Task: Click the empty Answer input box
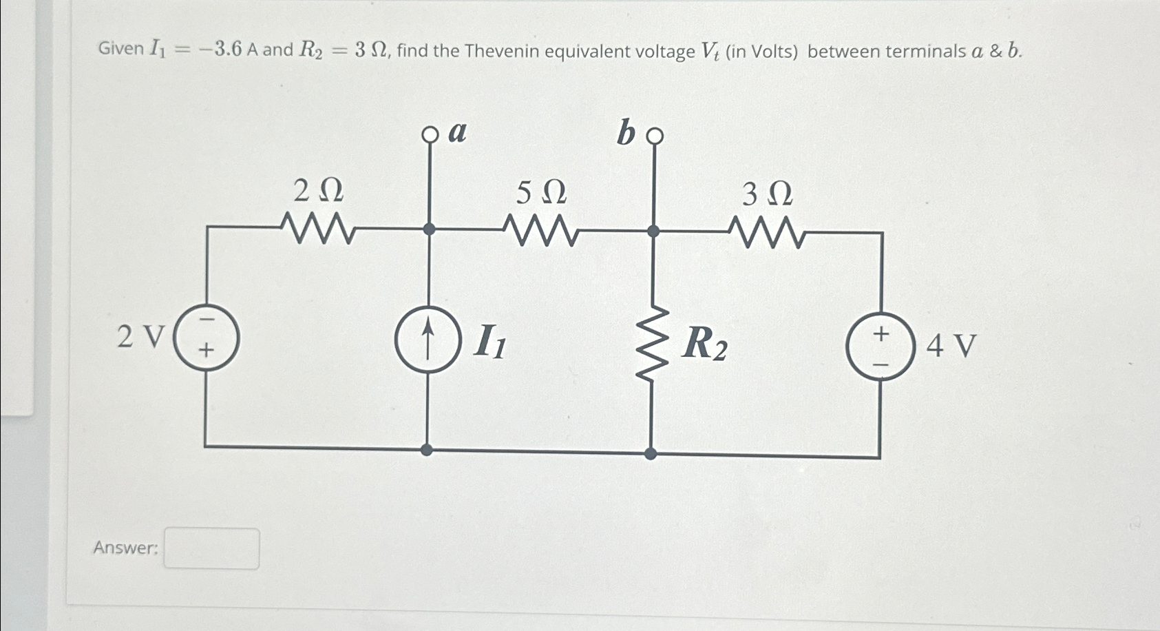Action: point(211,548)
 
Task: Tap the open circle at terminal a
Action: point(430,135)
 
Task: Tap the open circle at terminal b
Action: point(655,136)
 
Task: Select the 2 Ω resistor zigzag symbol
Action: point(318,227)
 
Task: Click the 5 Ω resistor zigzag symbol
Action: point(541,229)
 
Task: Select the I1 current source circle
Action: point(428,340)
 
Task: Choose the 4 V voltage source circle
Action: point(880,344)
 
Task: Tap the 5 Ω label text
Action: point(541,194)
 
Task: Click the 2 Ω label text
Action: point(318,191)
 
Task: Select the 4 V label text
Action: point(951,346)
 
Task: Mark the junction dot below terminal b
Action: point(653,231)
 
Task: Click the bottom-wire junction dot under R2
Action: point(651,453)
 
